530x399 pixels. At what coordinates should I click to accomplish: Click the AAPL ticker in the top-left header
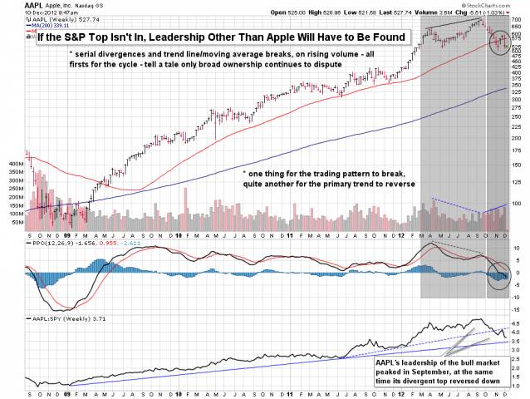tap(12, 5)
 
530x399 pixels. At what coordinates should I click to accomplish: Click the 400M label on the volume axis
tap(15, 165)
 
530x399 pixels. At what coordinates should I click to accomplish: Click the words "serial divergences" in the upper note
tap(107, 52)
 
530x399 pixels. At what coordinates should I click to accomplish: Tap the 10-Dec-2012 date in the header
tap(22, 13)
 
